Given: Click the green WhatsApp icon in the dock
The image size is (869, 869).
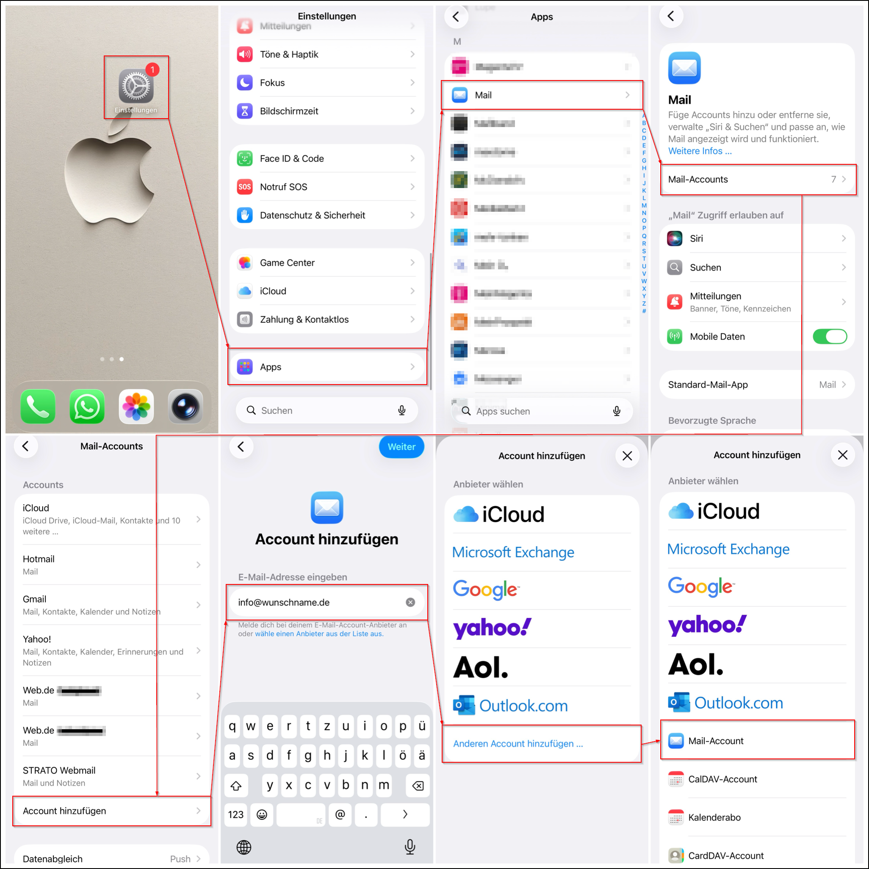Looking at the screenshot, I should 87,407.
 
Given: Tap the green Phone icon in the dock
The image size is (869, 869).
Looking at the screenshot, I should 38,407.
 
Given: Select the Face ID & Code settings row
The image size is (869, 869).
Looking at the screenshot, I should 327,158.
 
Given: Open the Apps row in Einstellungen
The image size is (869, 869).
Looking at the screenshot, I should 327,367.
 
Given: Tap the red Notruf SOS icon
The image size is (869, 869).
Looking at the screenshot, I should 245,187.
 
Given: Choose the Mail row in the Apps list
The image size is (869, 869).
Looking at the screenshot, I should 542,95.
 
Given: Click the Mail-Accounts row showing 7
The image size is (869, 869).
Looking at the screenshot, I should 758,180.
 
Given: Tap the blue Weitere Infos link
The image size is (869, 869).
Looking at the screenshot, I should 700,151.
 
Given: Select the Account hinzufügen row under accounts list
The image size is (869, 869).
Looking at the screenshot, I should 111,811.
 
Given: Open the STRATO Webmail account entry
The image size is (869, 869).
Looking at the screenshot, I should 111,776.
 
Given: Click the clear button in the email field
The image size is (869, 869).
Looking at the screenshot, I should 410,602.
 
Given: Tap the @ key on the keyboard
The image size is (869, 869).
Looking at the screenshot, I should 340,814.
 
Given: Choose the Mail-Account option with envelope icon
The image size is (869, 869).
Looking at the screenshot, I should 758,741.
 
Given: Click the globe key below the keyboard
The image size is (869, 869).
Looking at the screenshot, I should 244,847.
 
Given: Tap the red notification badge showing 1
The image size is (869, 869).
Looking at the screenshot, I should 152,70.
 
